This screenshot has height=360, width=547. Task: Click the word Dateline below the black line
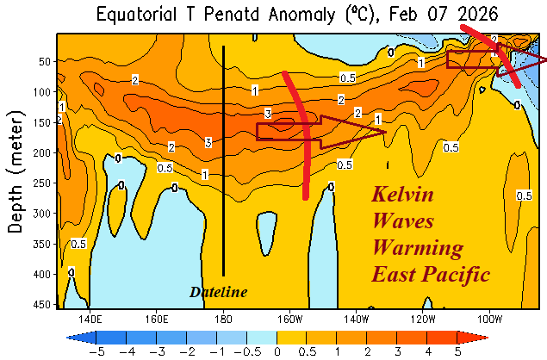tap(218, 293)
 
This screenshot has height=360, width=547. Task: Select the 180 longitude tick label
tap(223, 316)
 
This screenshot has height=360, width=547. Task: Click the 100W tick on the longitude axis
tap(490, 316)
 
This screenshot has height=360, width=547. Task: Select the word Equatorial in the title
tap(138, 15)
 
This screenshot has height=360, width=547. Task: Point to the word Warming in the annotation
tap(417, 249)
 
